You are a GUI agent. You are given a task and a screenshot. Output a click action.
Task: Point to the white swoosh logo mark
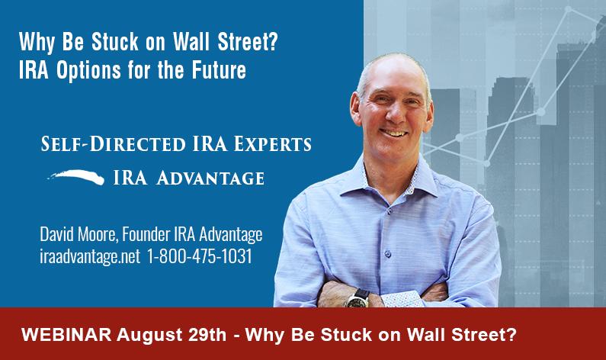click(75, 176)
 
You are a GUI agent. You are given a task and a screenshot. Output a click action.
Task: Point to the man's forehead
click(390, 76)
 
